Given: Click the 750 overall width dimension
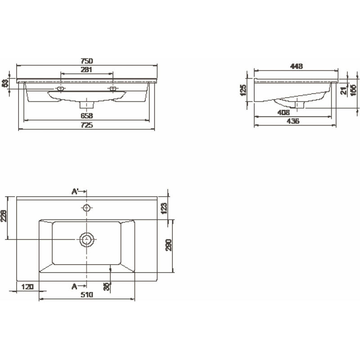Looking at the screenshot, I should click(x=86, y=61).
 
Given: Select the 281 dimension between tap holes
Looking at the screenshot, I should click(x=86, y=69).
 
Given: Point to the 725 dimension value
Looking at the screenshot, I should click(x=87, y=125).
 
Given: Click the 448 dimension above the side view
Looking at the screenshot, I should click(x=296, y=66).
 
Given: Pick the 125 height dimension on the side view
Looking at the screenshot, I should click(x=243, y=90).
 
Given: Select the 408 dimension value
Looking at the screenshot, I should click(x=283, y=112).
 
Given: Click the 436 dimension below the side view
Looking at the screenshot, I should click(x=292, y=121).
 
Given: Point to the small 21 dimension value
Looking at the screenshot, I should click(x=343, y=90).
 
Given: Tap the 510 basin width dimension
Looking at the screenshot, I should click(x=87, y=295).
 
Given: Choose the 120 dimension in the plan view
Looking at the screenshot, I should click(x=27, y=287).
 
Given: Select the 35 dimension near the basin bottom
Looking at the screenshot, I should click(x=106, y=286).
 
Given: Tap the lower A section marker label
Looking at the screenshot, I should click(x=75, y=286).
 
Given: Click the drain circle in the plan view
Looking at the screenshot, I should click(x=86, y=239).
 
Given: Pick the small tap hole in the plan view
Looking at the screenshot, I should click(x=86, y=208).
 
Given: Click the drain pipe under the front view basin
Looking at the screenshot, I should click(x=86, y=104).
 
